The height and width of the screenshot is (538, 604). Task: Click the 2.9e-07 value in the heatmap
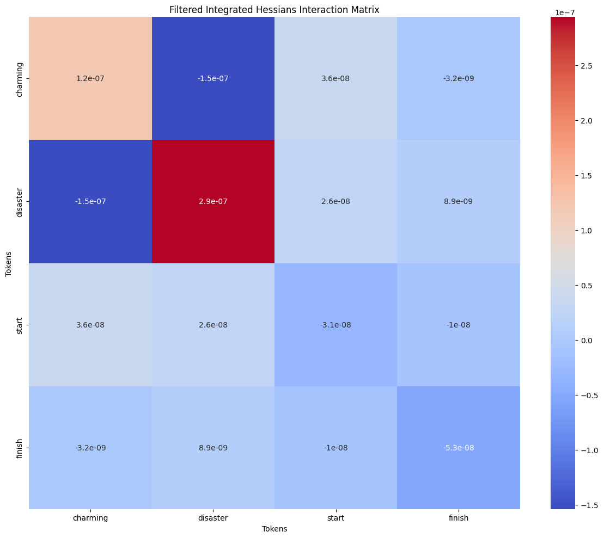click(x=213, y=202)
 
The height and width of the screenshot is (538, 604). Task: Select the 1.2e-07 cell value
click(x=90, y=79)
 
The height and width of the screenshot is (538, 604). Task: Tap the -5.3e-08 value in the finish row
click(x=459, y=448)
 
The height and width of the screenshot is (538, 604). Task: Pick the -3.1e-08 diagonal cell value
click(x=335, y=325)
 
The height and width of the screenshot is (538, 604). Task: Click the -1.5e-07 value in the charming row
click(x=213, y=79)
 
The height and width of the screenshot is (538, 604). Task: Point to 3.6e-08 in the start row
click(x=90, y=325)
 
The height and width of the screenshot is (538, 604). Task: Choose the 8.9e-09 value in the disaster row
click(x=459, y=202)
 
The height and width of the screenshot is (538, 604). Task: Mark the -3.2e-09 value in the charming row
click(x=459, y=79)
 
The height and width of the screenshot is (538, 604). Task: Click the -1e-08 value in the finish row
click(x=335, y=448)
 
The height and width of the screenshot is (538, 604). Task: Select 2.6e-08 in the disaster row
click(x=335, y=202)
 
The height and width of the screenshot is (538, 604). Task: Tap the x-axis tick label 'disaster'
click(x=213, y=518)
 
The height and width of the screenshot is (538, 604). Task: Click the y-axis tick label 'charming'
click(x=20, y=79)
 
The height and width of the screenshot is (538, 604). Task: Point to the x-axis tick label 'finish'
click(x=459, y=518)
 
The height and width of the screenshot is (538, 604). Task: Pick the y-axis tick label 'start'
click(x=20, y=325)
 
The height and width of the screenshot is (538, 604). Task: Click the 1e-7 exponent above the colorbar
click(x=562, y=11)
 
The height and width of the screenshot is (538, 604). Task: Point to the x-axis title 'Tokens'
click(x=274, y=529)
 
